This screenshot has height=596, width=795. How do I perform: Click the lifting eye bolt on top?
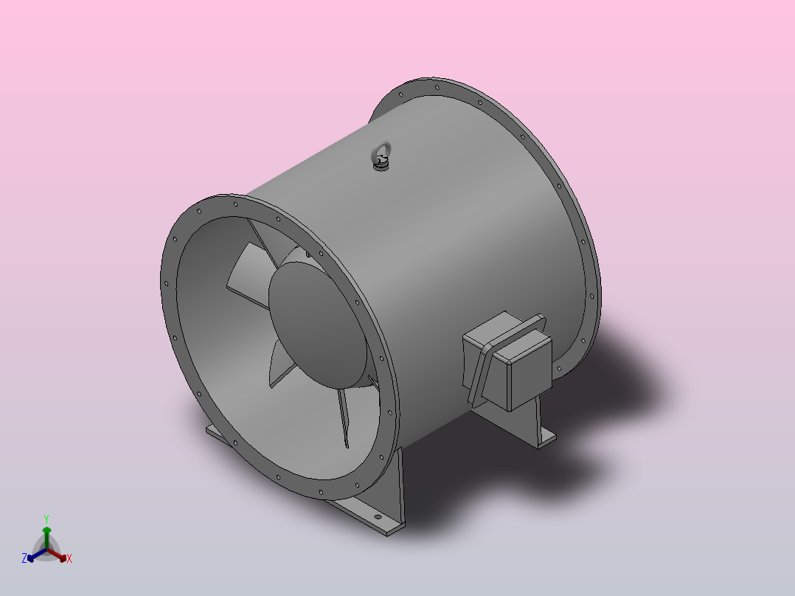pyautogui.click(x=381, y=156)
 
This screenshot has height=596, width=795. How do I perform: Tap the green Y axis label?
pyautogui.click(x=46, y=519)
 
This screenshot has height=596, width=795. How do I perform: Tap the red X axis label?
pyautogui.click(x=69, y=558)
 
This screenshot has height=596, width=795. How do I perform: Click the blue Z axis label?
pyautogui.click(x=24, y=558)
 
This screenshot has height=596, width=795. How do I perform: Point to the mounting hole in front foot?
pyautogui.click(x=378, y=517)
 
